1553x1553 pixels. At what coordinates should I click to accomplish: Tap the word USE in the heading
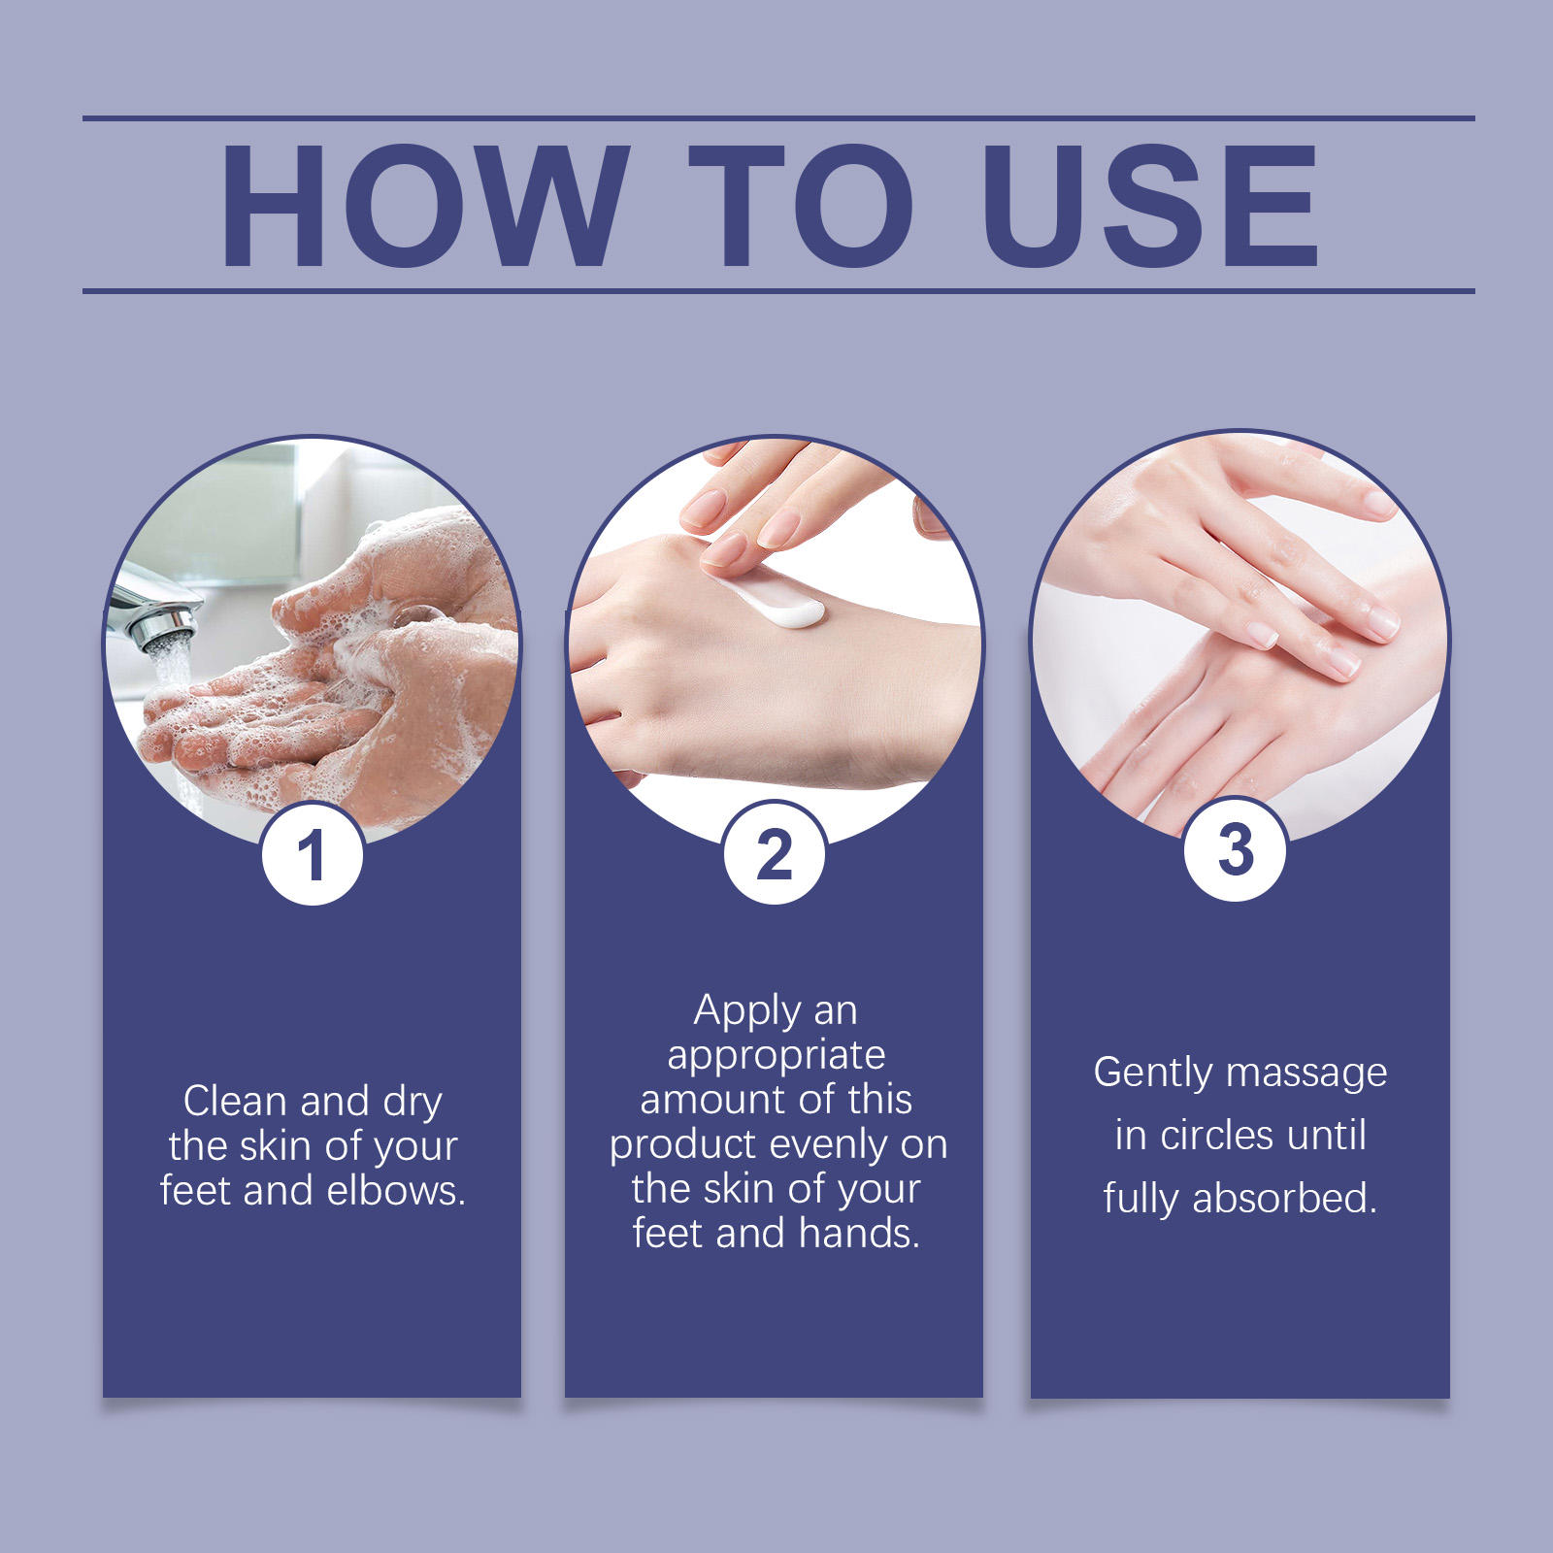[1150, 205]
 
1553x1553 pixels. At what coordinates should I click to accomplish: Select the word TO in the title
[802, 205]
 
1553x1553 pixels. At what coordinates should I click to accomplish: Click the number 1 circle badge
[313, 855]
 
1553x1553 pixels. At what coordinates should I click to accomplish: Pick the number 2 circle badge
[775, 853]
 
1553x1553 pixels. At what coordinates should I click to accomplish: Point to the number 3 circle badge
[1236, 849]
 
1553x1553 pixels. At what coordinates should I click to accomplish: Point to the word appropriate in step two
[776, 1056]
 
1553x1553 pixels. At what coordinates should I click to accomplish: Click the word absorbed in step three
[1285, 1199]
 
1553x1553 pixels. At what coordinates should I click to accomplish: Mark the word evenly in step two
[829, 1146]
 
